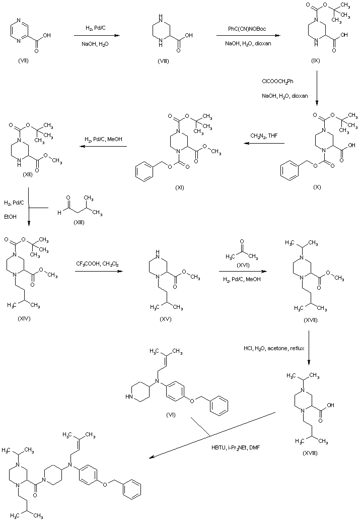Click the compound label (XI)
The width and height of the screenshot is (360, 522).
point(179,187)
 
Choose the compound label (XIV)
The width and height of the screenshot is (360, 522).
point(24,318)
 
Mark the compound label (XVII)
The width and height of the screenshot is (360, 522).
point(311,320)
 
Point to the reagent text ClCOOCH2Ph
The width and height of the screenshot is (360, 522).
point(278,82)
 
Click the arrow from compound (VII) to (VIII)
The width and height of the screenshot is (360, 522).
point(97,36)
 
